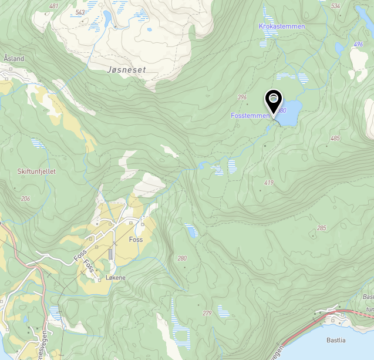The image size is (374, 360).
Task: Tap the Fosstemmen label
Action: [251, 116]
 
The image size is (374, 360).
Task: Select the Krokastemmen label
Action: [282, 26]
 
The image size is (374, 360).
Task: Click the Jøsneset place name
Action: [126, 69]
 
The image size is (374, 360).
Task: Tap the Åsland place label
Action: [14, 59]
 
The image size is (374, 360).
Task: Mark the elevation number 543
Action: [80, 12]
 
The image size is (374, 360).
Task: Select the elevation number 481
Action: [54, 6]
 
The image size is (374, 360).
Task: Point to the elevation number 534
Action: [335, 6]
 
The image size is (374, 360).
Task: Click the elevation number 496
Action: [358, 45]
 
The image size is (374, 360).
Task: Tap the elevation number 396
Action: [241, 97]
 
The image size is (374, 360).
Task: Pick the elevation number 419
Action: [269, 183]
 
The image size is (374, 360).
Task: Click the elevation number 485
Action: [335, 139]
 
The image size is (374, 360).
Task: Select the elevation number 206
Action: [25, 198]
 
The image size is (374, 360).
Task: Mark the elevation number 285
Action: [321, 228]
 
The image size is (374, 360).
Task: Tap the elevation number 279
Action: [207, 313]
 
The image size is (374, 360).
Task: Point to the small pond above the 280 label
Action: [191, 231]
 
